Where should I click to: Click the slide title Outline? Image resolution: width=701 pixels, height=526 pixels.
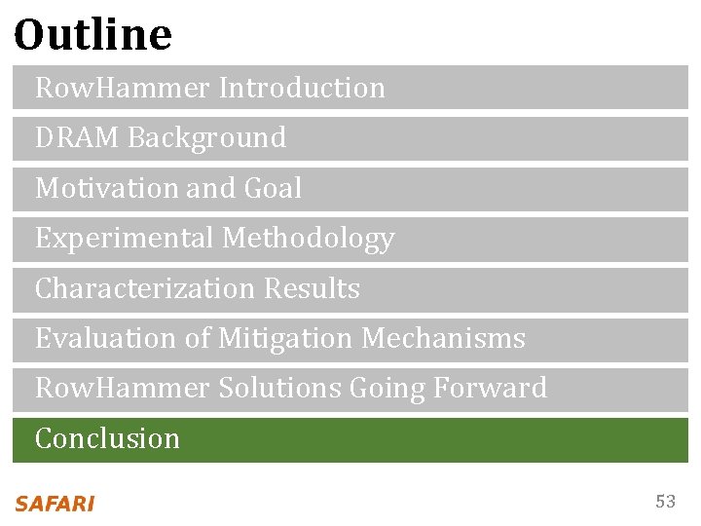93,35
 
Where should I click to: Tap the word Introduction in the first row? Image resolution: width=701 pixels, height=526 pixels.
302,88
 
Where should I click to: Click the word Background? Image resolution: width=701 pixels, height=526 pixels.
206,138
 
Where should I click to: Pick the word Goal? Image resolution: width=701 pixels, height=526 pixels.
274,188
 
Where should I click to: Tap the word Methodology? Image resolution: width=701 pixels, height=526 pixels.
309,239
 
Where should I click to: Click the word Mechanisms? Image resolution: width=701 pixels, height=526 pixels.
443,339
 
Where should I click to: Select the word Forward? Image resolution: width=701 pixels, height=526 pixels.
490,389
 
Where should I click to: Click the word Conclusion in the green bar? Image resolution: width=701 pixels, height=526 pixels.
107,439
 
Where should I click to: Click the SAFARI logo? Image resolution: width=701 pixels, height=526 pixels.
55,504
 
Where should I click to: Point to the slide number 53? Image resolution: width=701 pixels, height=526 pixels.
665,502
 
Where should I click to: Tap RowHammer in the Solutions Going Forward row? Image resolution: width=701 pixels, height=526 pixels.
122,389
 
